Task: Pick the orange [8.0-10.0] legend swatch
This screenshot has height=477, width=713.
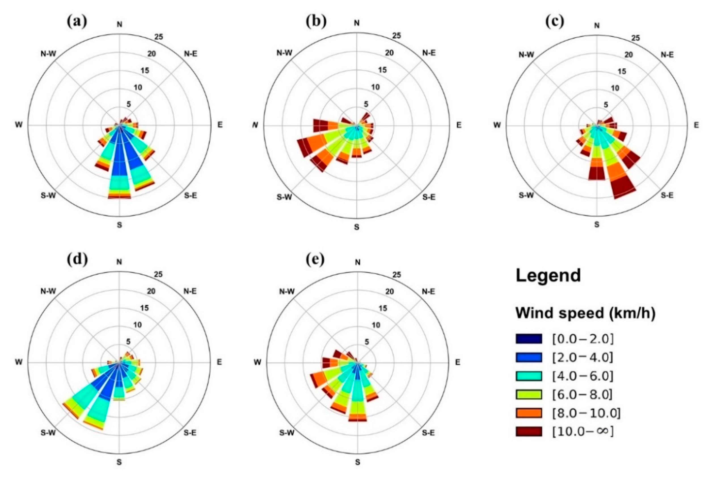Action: [x=529, y=413]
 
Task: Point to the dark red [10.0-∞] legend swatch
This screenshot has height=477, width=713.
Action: [x=529, y=431]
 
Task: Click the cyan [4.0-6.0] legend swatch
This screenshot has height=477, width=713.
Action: [x=529, y=376]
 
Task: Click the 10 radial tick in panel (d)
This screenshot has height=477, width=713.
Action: [x=137, y=325]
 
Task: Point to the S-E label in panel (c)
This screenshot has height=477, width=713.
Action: [x=667, y=195]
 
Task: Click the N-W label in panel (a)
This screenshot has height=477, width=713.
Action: [x=48, y=54]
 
